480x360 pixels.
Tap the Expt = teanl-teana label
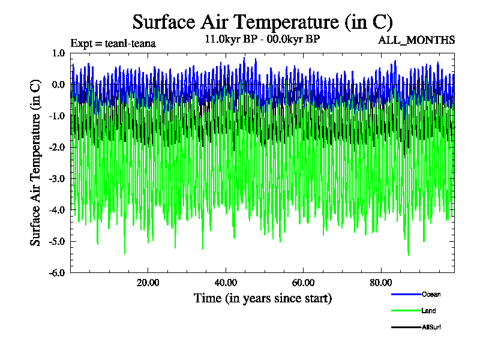(113, 43)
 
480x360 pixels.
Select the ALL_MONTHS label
(416, 40)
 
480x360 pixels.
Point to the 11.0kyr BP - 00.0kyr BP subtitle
(262, 40)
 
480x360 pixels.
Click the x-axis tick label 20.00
(148, 283)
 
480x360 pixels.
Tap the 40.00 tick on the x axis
(226, 283)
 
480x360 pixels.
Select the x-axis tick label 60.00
(304, 283)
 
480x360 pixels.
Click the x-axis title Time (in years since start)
(262, 298)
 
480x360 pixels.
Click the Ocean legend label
(431, 294)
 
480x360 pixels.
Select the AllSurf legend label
(432, 327)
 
